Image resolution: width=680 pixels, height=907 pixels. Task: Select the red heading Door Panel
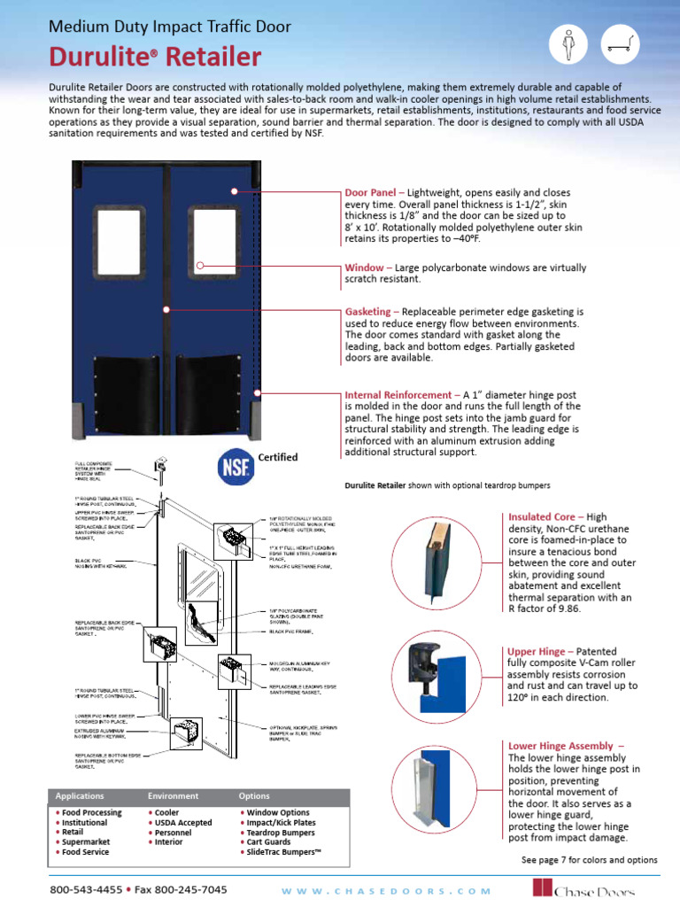tap(369, 192)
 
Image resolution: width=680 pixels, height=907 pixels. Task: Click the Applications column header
tap(80, 796)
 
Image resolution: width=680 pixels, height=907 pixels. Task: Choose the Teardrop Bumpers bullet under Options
tap(278, 833)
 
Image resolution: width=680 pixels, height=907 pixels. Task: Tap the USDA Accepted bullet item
tap(182, 823)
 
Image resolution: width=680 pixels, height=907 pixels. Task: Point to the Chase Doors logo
tap(594, 888)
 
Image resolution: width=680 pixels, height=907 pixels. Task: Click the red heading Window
tap(363, 267)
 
